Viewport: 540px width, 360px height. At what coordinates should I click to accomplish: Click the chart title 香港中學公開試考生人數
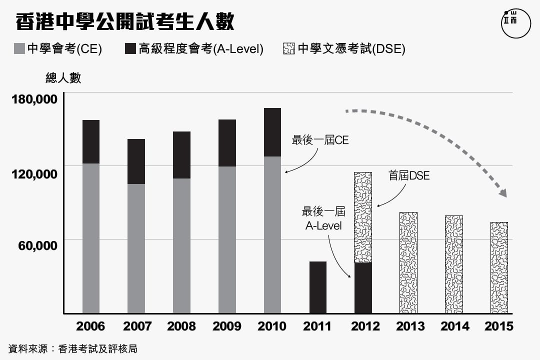125,22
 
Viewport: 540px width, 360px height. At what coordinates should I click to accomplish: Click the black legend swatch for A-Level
130,48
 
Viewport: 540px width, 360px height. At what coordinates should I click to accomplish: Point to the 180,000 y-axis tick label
34,98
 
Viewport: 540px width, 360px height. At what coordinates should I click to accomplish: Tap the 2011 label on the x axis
317,326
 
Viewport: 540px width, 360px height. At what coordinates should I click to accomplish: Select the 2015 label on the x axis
498,326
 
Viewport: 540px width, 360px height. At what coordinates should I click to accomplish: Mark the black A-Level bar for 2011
317,287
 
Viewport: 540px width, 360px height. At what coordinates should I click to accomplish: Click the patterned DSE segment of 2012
363,217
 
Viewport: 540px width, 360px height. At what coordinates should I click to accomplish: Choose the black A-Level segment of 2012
363,288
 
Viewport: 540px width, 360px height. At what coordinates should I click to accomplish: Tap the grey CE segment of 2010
272,235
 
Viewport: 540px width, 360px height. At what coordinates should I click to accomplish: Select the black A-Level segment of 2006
91,141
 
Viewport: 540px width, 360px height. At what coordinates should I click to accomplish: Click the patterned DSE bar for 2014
453,264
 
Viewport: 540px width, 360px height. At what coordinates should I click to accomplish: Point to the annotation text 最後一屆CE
320,140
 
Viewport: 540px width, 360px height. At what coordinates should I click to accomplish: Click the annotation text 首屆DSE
409,176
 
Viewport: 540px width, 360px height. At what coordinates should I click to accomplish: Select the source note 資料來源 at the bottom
73,348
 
